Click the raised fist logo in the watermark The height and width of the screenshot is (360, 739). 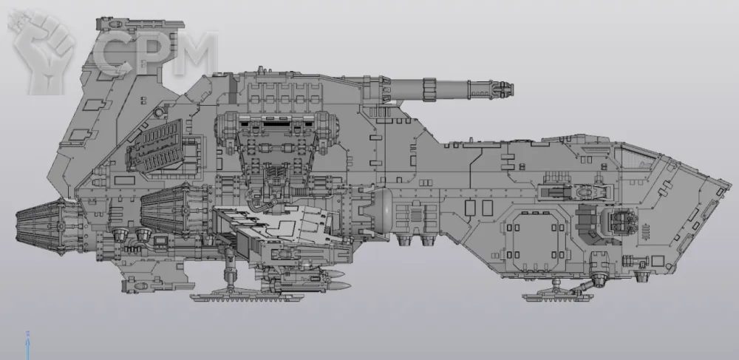coord(42,52)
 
